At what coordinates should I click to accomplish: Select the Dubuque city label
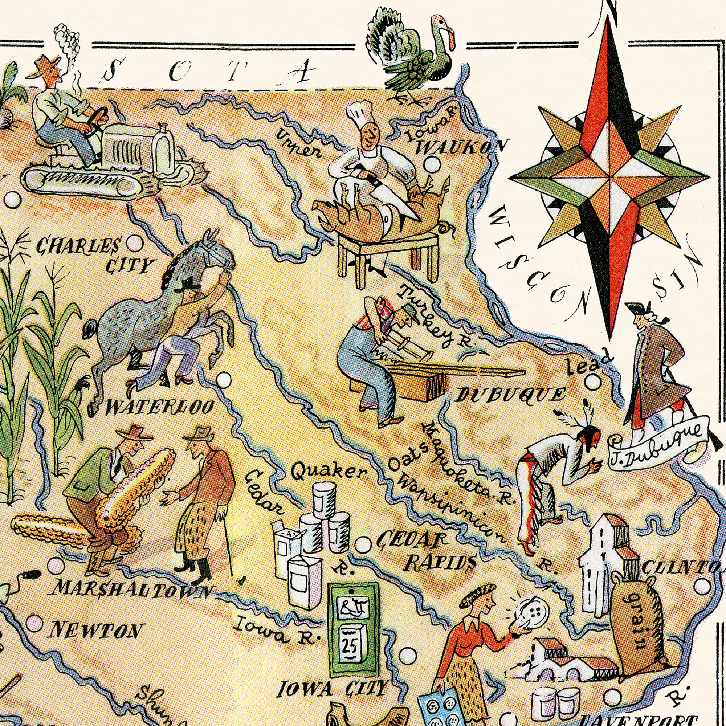(511, 395)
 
